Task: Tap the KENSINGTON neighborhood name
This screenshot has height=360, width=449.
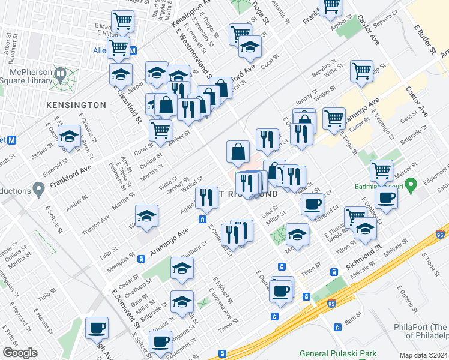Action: pyautogui.click(x=76, y=105)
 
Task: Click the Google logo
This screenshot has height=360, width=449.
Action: pyautogui.click(x=20, y=353)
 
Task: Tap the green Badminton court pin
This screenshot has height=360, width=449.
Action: pyautogui.click(x=411, y=183)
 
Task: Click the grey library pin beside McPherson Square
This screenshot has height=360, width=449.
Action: pyautogui.click(x=60, y=75)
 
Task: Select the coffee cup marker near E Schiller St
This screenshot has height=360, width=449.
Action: pyautogui.click(x=386, y=197)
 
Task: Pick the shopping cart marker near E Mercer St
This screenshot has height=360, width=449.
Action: pyautogui.click(x=381, y=171)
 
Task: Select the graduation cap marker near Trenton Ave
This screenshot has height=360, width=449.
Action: pyautogui.click(x=146, y=217)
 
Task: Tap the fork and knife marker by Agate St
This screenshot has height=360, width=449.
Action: pyautogui.click(x=206, y=196)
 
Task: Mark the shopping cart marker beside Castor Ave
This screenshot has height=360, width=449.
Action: pyautogui.click(x=361, y=71)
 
